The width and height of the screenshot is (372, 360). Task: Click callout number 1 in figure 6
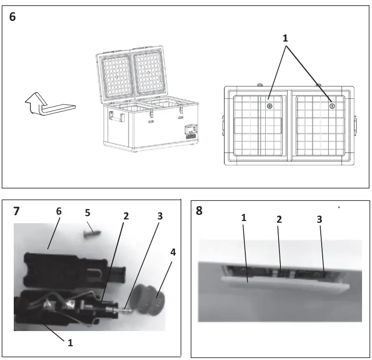[x=285, y=38]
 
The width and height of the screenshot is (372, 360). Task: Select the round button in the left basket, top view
[x=269, y=106]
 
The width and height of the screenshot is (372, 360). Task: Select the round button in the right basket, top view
[x=332, y=106]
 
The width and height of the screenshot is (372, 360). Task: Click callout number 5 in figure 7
[x=87, y=214]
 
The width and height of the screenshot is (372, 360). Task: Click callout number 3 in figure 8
[x=319, y=220]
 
